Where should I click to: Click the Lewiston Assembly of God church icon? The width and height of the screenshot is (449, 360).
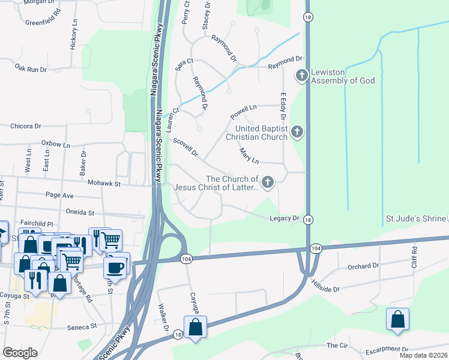[301, 76]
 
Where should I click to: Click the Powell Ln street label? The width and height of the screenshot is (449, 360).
[244, 111]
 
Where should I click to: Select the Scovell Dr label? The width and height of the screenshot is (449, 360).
[185, 147]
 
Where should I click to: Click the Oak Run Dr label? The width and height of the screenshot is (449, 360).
[31, 69]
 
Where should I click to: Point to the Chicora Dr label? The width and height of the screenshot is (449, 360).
[25, 126]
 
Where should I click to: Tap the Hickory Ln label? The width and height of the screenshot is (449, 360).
[74, 37]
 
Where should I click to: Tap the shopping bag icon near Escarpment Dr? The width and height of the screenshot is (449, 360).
[397, 319]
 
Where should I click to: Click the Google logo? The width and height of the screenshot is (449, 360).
[20, 353]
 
